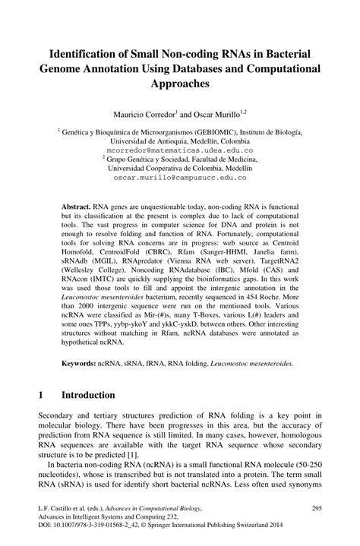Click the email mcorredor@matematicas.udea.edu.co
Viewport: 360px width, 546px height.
coord(179,150)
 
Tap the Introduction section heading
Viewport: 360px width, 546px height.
coord(88,396)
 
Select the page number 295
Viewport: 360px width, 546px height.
coord(320,507)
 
